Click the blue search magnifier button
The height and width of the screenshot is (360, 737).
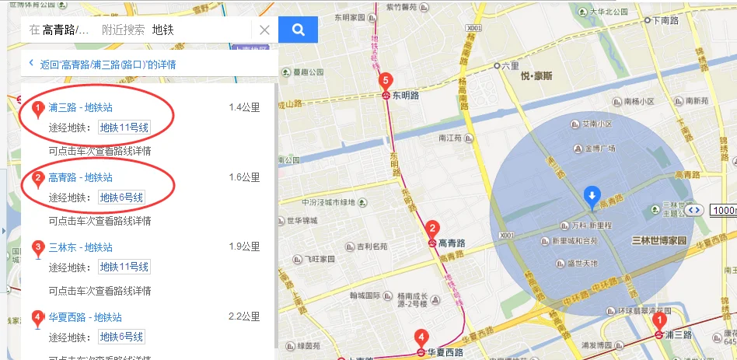point(299,30)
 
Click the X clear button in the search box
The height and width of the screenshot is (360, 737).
point(264,30)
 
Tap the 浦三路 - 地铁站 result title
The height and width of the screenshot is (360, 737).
point(80,107)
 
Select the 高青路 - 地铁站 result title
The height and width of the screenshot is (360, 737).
point(80,177)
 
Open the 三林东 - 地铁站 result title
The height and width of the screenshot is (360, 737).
point(80,247)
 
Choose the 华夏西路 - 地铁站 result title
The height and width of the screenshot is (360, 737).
point(85,317)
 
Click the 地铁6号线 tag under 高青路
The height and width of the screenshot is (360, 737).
point(121,197)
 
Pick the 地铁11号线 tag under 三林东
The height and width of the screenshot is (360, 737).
point(124,267)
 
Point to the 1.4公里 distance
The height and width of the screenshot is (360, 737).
point(244,107)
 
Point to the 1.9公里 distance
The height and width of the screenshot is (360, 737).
point(244,247)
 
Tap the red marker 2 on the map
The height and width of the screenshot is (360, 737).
point(432,229)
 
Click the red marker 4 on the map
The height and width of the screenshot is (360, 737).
point(421,338)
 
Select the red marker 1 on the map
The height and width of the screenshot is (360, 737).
point(659,320)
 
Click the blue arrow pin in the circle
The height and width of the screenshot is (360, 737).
point(592,195)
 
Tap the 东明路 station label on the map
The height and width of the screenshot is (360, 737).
point(406,96)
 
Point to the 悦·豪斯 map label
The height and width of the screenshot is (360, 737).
point(536,76)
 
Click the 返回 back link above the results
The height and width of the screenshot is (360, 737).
point(108,65)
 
